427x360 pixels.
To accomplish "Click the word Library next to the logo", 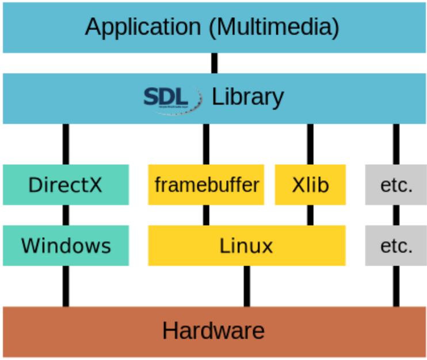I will (248, 97).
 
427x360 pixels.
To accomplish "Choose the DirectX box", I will (66, 185).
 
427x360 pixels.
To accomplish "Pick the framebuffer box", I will (206, 185).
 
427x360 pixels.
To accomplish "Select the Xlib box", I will (310, 185).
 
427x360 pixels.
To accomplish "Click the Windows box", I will (66, 246).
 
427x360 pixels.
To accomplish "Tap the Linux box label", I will (246, 246).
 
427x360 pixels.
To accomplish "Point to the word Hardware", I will (213, 331).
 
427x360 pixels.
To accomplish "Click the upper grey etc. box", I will (396, 185).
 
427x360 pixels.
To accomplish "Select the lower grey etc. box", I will (396, 246).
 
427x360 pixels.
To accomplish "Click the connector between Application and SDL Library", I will (214, 63).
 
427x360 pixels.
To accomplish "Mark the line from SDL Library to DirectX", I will (66, 144).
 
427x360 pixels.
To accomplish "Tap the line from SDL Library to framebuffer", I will (206, 144).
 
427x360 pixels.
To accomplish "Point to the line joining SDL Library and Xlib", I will (310, 144).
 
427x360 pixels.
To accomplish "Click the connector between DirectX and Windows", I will (66, 215).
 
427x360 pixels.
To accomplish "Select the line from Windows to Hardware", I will (66, 286).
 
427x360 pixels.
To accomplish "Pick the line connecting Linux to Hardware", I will (246, 286).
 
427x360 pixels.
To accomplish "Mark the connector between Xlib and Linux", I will (310, 215).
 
